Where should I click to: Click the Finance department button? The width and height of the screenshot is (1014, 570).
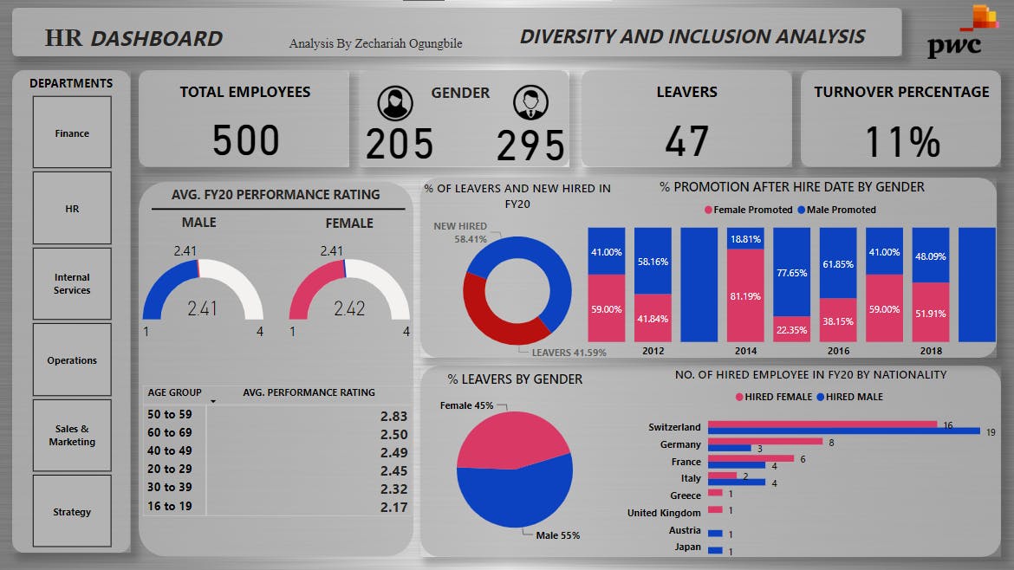(x=72, y=133)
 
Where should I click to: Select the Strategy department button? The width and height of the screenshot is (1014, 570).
(x=72, y=511)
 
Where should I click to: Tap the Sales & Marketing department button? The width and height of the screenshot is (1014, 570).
(x=72, y=435)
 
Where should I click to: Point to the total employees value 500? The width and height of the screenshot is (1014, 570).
(x=246, y=141)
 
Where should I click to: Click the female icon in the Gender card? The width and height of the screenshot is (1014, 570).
(x=395, y=103)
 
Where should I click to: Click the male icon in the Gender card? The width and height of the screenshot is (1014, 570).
(x=530, y=103)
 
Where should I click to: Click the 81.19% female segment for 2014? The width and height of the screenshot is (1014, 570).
(x=745, y=295)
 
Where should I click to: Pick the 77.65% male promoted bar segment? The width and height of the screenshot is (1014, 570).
(x=791, y=271)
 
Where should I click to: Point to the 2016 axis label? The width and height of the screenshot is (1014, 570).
(x=837, y=352)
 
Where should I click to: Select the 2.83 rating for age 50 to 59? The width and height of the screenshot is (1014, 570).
(x=393, y=416)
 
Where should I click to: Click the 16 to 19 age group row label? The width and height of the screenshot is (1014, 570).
(x=170, y=506)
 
